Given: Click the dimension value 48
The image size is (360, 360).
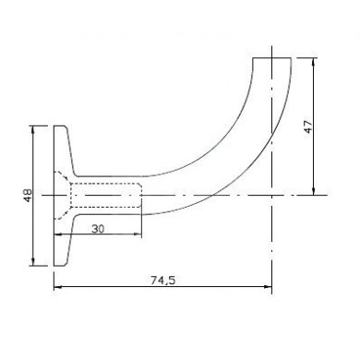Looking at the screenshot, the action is [x=28, y=196].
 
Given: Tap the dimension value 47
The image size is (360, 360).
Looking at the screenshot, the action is [x=308, y=126].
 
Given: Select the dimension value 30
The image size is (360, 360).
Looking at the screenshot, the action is [x=98, y=229].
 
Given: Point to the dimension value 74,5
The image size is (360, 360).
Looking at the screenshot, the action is [x=162, y=280].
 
